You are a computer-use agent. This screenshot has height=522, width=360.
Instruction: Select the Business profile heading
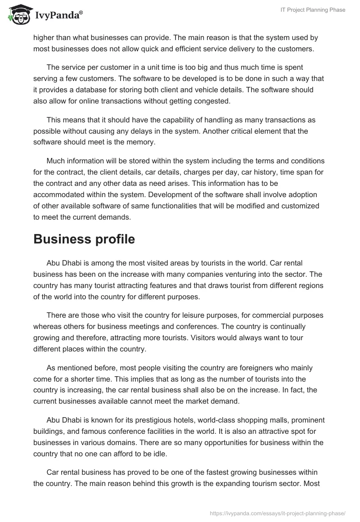point(84,239)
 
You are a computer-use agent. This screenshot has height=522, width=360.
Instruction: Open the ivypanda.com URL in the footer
point(278,513)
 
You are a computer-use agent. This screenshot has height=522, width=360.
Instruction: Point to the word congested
point(212,101)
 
